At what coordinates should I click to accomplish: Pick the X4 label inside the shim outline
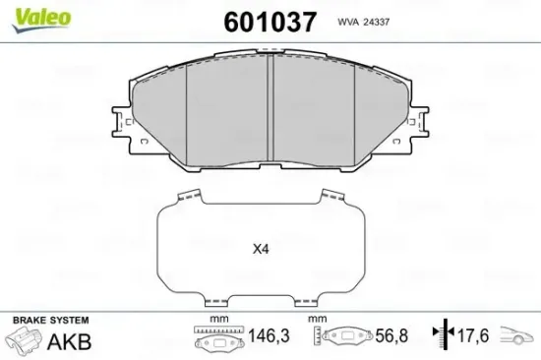tap(261, 250)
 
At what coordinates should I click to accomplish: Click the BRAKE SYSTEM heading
tap(48, 321)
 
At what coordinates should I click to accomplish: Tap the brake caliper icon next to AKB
tap(29, 343)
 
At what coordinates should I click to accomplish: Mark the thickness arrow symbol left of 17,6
tap(446, 337)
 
